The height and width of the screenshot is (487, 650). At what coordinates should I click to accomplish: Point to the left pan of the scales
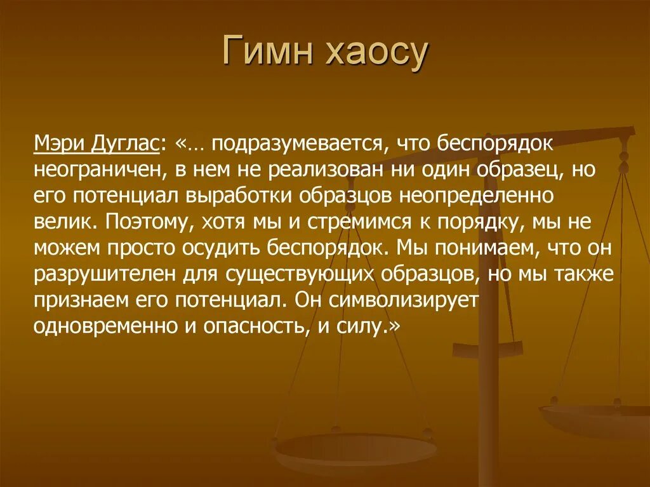pyautogui.click(x=354, y=452)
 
